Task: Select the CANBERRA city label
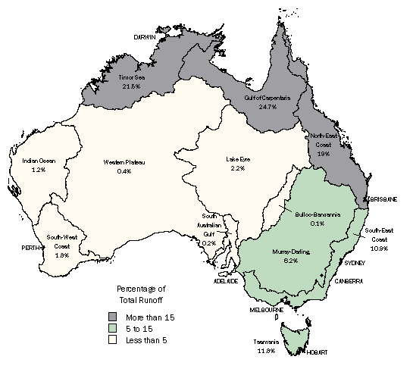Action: click(x=349, y=280)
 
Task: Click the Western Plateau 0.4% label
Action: click(x=125, y=166)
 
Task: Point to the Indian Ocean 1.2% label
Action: click(x=39, y=165)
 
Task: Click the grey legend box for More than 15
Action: click(x=111, y=317)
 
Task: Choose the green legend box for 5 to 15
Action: click(x=111, y=329)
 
